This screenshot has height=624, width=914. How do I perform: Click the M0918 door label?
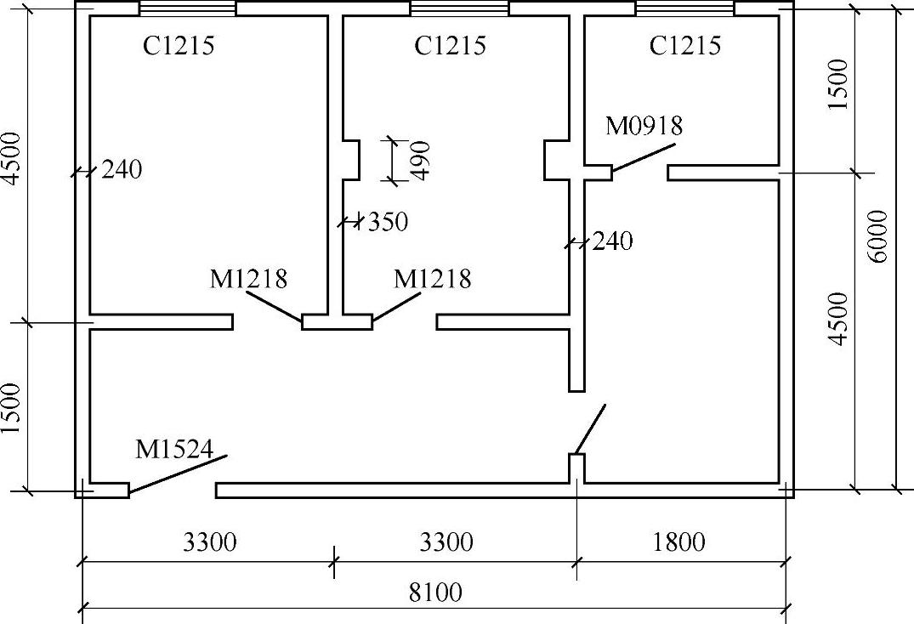644,126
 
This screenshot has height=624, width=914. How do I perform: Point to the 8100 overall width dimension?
435,592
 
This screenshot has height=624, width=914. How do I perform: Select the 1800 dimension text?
680,542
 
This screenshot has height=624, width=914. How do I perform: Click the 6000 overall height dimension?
879,235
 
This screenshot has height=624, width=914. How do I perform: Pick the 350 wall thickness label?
388,223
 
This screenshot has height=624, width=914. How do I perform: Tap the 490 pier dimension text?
421,159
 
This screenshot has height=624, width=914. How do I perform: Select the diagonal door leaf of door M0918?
643,157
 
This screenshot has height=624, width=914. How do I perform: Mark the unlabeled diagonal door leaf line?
590,429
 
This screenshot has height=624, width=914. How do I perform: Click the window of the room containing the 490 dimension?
459,9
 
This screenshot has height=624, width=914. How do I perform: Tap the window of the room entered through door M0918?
684,9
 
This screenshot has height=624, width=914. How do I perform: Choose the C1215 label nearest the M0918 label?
684,45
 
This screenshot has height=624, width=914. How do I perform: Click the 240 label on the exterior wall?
121,170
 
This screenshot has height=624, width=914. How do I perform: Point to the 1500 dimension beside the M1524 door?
12,407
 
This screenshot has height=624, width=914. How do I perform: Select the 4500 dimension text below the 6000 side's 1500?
838,319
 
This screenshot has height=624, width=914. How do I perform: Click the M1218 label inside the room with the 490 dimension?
432,279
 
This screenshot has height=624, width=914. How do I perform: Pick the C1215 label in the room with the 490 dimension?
450,45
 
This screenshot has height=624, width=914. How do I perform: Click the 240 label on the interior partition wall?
612,241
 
